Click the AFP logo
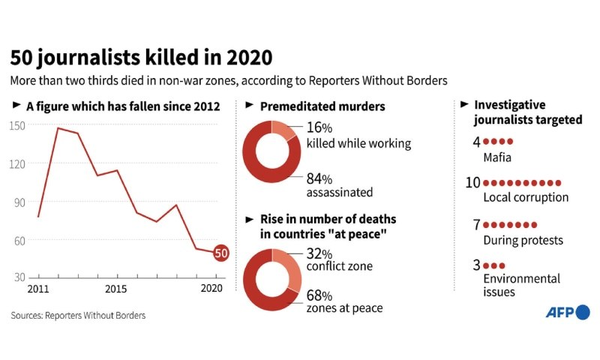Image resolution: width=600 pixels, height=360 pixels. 568,312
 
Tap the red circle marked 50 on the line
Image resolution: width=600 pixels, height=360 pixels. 221,253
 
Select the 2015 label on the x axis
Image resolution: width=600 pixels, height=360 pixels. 115,289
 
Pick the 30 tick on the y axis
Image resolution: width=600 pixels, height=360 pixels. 19,277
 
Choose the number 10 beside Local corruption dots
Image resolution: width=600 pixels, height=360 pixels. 473,183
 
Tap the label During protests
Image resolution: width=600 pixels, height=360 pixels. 523,240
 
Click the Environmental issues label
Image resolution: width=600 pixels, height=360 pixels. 521,285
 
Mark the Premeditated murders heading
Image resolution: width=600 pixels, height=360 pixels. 322,106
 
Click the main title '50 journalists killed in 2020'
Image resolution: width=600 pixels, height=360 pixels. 141,57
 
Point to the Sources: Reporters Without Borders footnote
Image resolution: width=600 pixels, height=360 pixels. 78,316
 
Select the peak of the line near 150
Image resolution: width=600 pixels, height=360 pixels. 58,128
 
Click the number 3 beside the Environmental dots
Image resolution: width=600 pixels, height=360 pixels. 477,265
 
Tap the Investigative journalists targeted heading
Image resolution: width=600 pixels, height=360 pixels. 528,112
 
